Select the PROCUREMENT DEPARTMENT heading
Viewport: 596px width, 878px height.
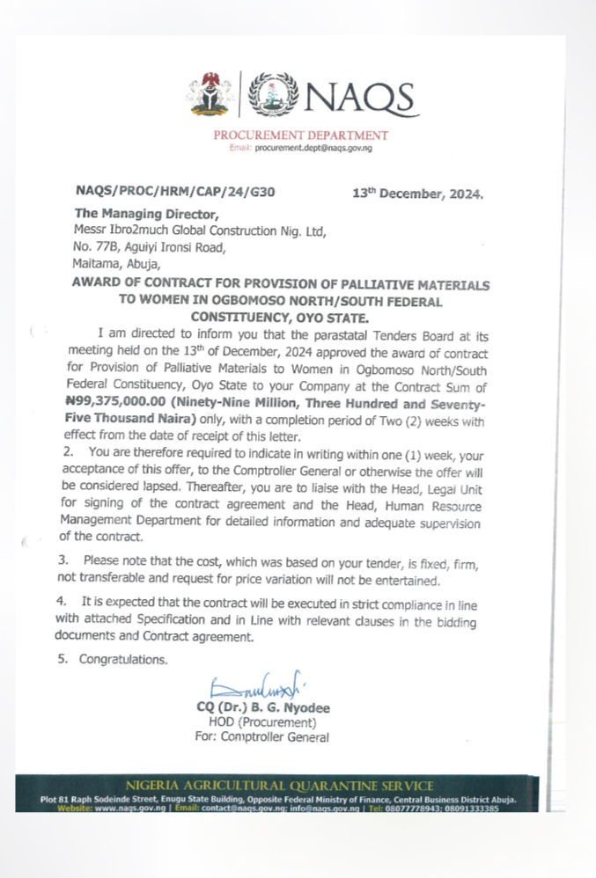coord(300,135)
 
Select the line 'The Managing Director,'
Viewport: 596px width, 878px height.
coord(145,214)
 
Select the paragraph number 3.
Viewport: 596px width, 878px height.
coord(63,560)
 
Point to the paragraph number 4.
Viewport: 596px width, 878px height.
coord(63,602)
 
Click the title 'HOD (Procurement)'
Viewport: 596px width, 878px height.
coord(261,723)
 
